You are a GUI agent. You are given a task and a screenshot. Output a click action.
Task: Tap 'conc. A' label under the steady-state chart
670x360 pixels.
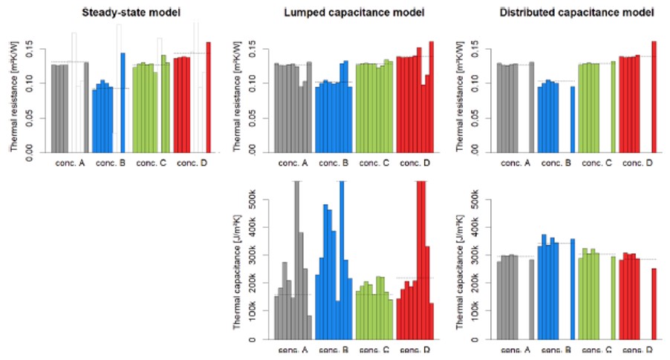70,162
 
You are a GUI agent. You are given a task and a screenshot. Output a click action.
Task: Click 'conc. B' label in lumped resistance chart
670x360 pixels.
334,162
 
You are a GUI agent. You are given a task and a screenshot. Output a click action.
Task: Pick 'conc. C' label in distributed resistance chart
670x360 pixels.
597,162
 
